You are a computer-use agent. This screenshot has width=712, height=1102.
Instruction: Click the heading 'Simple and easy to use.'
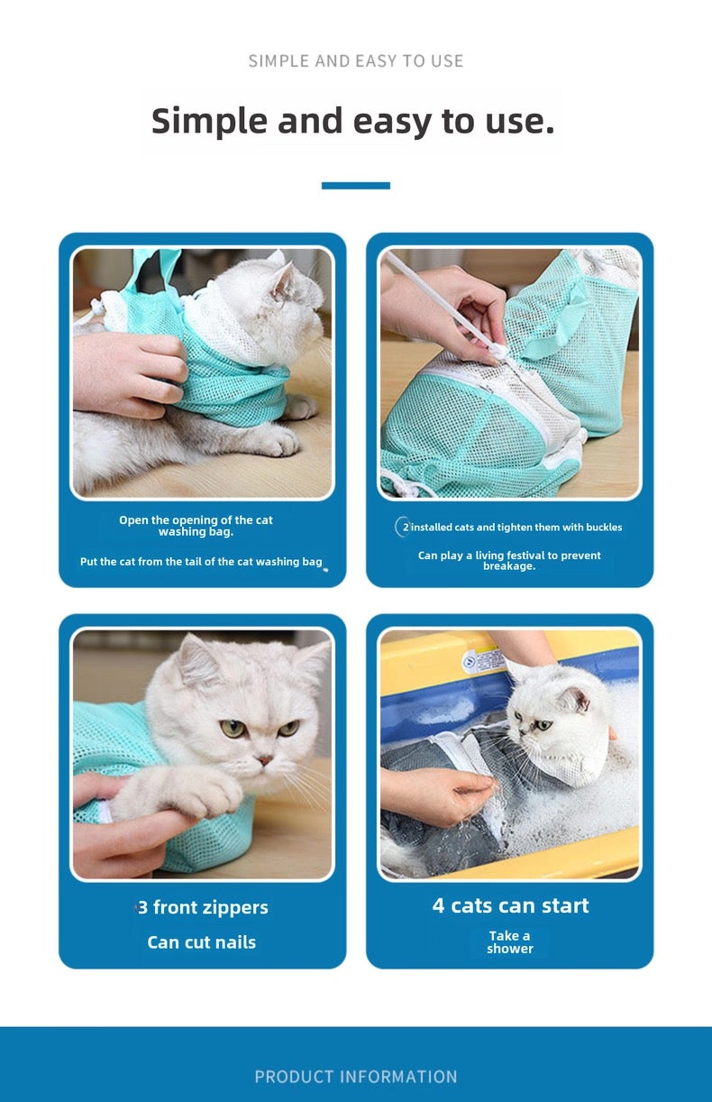pyautogui.click(x=353, y=121)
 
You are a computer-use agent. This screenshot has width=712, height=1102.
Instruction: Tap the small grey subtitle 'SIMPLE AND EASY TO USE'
pyautogui.click(x=355, y=61)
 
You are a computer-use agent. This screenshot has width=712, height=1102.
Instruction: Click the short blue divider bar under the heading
pyautogui.click(x=356, y=186)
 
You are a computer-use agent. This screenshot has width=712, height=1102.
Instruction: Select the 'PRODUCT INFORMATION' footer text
pyautogui.click(x=356, y=1077)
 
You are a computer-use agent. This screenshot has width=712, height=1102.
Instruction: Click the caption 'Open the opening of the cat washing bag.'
pyautogui.click(x=196, y=526)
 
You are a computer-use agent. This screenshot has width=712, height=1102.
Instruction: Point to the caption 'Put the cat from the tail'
pyautogui.click(x=201, y=561)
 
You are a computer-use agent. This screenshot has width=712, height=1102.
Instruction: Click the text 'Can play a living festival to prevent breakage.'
pyautogui.click(x=509, y=560)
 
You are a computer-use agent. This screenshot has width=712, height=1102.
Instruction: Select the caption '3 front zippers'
pyautogui.click(x=203, y=906)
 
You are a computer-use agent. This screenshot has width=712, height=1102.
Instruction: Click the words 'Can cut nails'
pyautogui.click(x=202, y=941)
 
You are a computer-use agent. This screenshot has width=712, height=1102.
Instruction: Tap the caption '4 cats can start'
pyautogui.click(x=510, y=905)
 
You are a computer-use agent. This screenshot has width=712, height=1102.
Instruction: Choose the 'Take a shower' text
pyautogui.click(x=510, y=941)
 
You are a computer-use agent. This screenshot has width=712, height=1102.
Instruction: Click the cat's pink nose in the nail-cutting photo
pyautogui.click(x=266, y=760)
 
